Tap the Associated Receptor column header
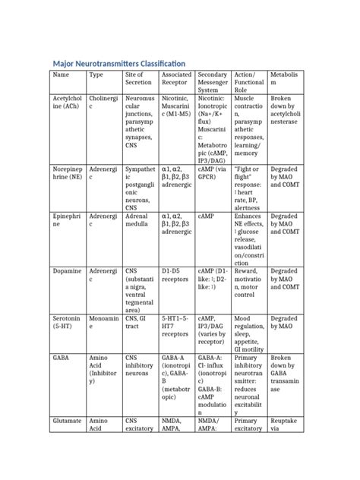176,79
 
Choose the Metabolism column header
286,79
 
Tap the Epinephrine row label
66,221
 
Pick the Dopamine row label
65,270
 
